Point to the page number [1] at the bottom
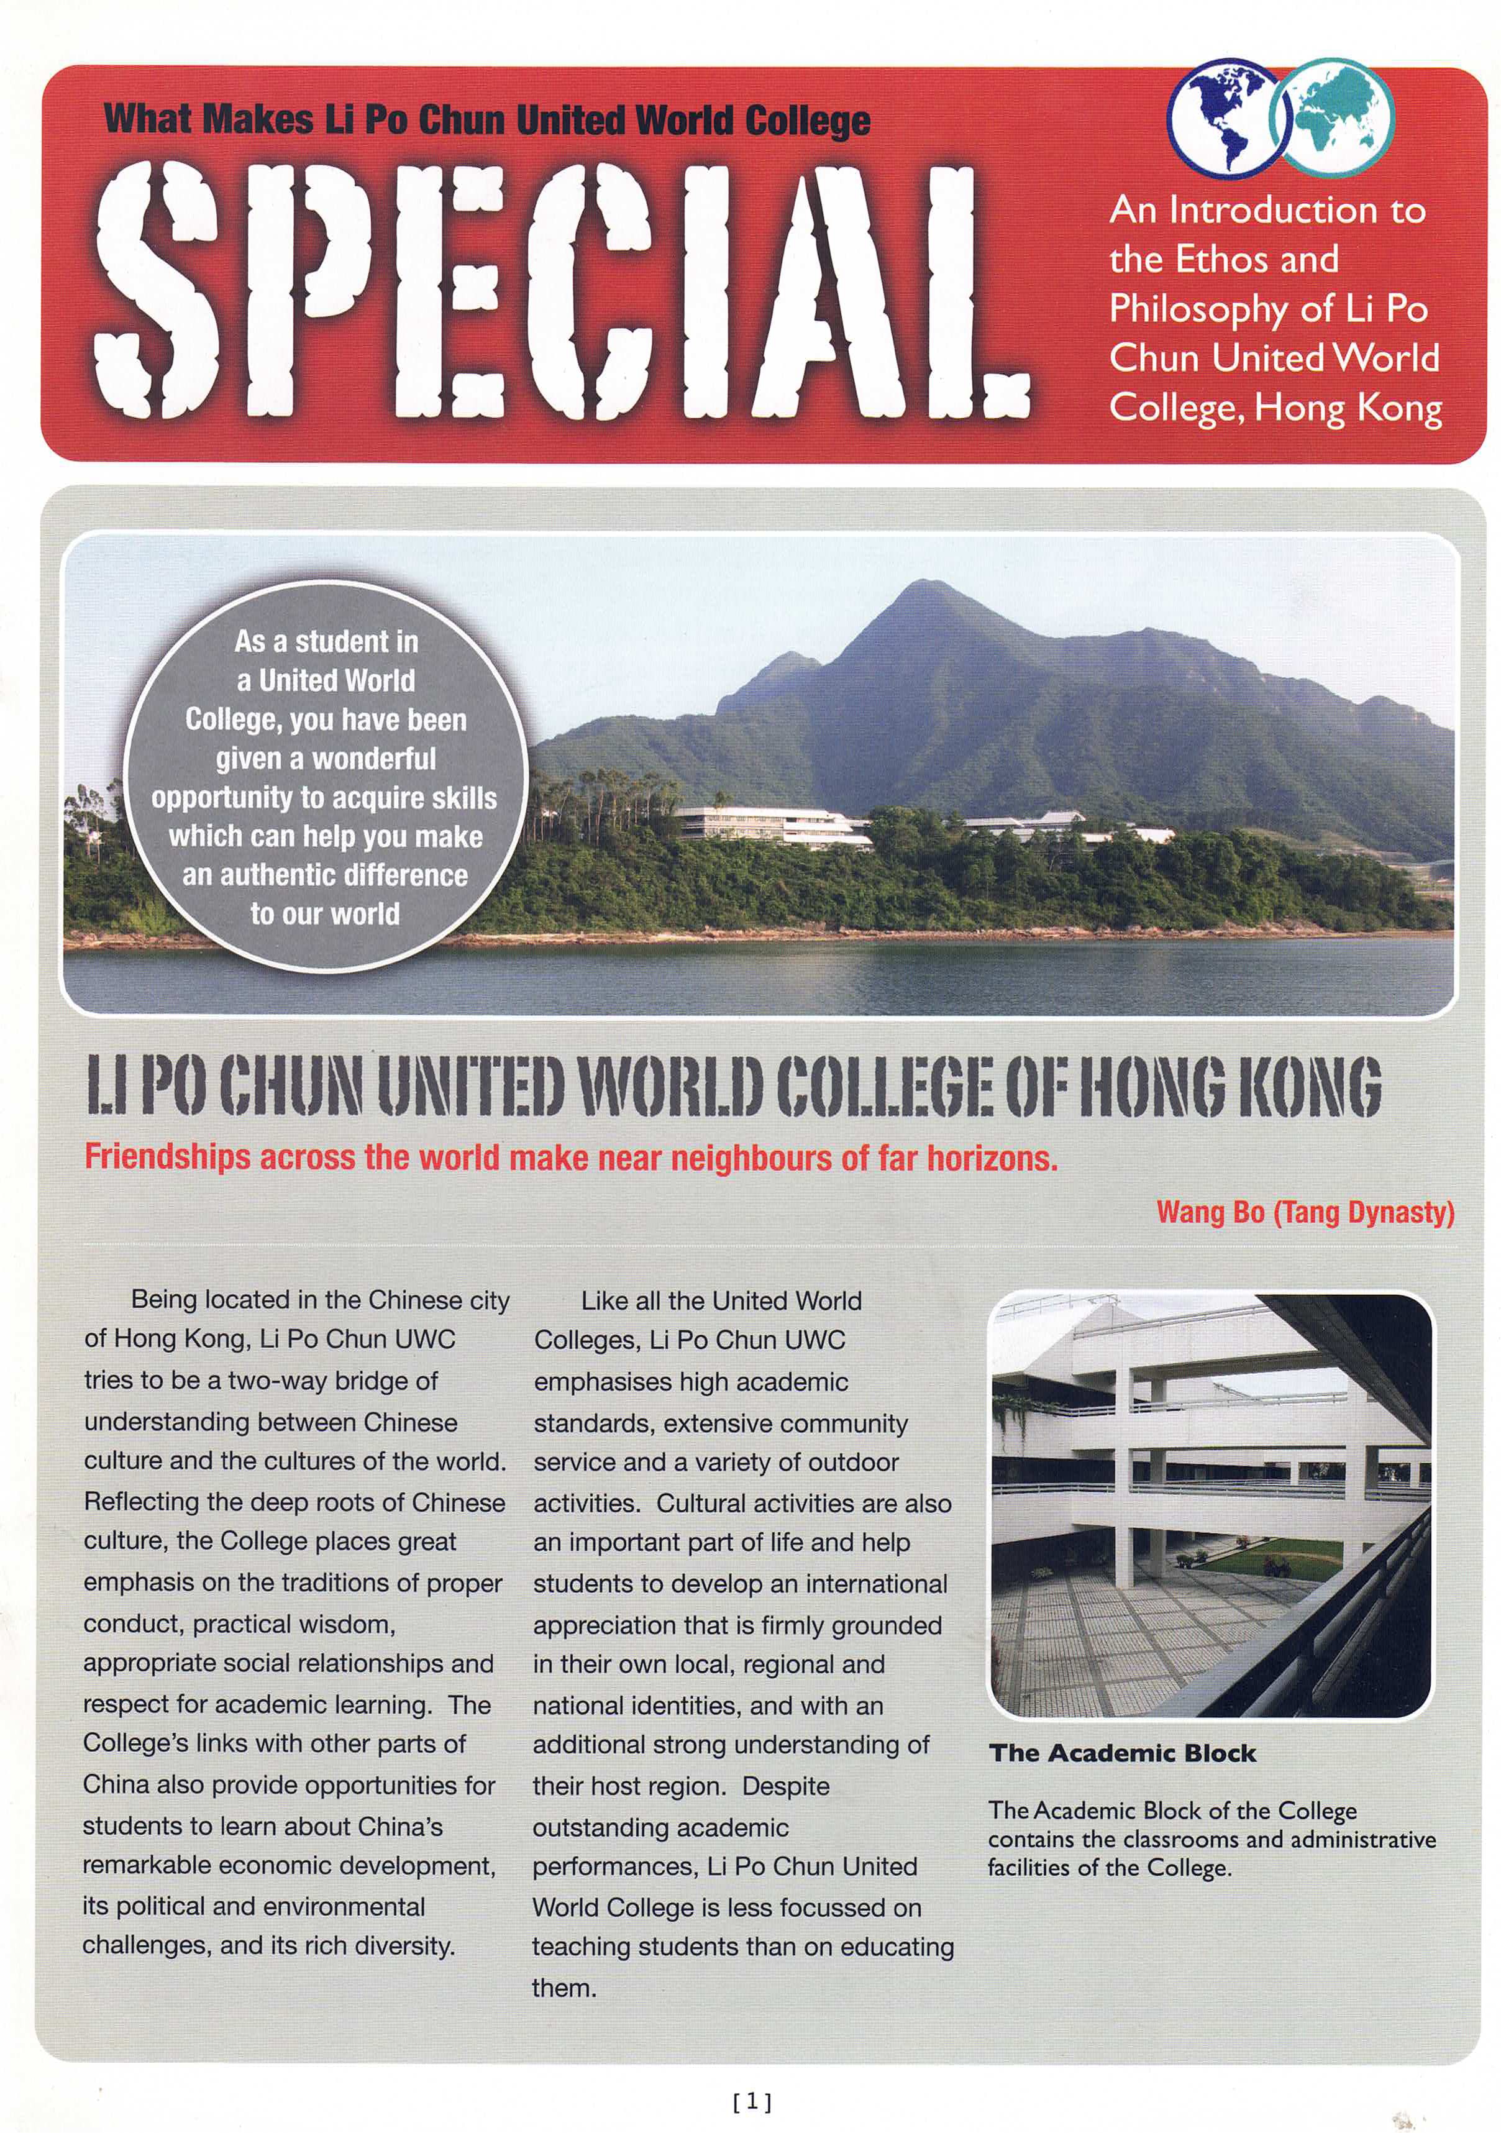coord(751,2101)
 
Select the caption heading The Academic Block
coord(1122,1753)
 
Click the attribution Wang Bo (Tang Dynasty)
coord(1305,1212)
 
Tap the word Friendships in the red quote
coord(167,1158)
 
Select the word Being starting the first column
coord(163,1300)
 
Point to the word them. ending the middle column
coord(563,1988)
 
